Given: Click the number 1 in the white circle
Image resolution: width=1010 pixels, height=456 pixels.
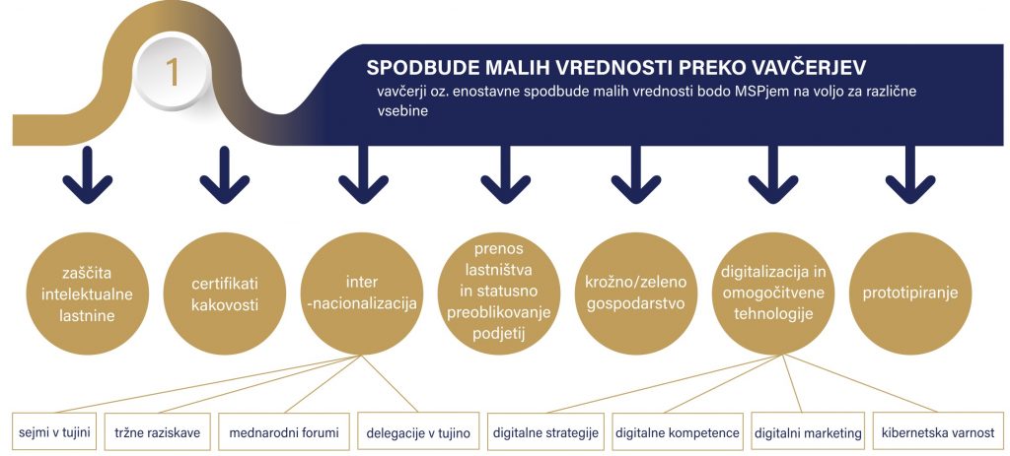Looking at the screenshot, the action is click(x=172, y=73).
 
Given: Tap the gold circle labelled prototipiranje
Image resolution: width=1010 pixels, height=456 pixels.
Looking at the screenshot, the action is click(x=910, y=293).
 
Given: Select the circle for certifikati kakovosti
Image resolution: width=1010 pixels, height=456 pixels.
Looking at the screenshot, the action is click(x=225, y=293).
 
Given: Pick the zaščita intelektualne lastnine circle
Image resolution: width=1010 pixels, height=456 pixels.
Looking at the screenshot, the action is click(x=87, y=293).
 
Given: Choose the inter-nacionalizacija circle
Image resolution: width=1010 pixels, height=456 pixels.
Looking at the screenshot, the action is click(x=361, y=293).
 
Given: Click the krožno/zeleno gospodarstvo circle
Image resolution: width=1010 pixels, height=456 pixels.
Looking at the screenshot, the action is click(x=636, y=293).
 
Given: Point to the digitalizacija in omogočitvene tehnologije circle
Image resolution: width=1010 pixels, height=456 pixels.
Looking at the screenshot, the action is click(x=773, y=293).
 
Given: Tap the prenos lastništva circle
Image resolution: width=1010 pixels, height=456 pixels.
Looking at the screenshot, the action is click(x=499, y=293).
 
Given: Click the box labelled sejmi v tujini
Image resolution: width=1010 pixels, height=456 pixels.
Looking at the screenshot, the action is click(x=54, y=431).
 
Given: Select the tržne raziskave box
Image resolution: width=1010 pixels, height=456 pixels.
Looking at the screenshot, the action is click(x=158, y=431).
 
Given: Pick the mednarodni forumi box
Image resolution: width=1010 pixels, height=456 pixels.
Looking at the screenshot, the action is click(x=284, y=431).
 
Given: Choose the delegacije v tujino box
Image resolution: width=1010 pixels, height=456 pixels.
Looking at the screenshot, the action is click(x=418, y=431).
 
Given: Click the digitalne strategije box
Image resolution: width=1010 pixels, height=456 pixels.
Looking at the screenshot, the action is click(x=545, y=431).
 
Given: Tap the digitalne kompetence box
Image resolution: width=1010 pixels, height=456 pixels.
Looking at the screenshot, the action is click(x=677, y=431).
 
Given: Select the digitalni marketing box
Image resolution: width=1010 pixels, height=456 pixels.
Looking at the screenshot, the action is click(x=808, y=431).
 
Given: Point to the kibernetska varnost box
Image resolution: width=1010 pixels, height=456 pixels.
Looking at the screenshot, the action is click(x=937, y=431).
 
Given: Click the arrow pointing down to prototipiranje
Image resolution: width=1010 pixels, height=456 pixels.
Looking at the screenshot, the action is click(x=910, y=175).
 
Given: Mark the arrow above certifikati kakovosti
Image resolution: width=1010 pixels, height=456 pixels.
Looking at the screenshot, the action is click(x=225, y=175).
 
